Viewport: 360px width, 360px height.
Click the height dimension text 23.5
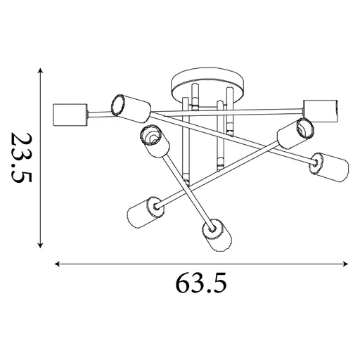[22, 158]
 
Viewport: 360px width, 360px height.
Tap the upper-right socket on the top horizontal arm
[320, 110]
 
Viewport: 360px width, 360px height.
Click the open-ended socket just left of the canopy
[129, 106]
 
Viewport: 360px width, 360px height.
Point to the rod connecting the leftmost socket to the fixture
[98, 114]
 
